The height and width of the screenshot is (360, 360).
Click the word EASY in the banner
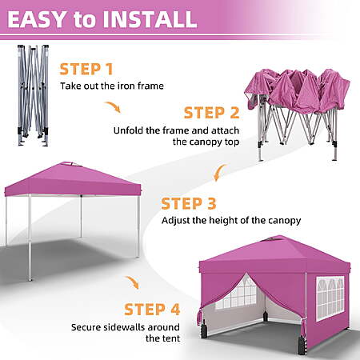pyautogui.click(x=36, y=19)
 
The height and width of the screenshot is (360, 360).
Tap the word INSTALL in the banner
pyautogui.click(x=150, y=19)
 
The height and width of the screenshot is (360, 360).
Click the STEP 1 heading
pyautogui.click(x=86, y=69)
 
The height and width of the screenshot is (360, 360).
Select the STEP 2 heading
pyautogui.click(x=211, y=113)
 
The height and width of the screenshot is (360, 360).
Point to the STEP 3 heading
pyautogui.click(x=189, y=204)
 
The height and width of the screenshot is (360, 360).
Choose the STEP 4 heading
pyautogui.click(x=152, y=310)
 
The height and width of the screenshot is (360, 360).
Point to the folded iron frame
pyautogui.click(x=34, y=95)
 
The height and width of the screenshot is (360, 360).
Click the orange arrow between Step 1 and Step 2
pyautogui.click(x=113, y=106)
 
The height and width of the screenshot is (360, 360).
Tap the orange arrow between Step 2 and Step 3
pyautogui.click(x=219, y=172)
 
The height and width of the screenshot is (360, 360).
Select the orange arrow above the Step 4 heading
pyautogui.click(x=133, y=282)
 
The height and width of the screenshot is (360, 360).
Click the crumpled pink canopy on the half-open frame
pyautogui.click(x=297, y=90)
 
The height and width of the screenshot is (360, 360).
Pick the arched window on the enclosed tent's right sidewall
pyautogui.click(x=330, y=298)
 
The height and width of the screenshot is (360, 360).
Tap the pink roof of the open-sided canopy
pyautogui.click(x=73, y=179)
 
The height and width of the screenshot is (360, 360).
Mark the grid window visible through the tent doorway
pyautogui.click(x=236, y=293)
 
